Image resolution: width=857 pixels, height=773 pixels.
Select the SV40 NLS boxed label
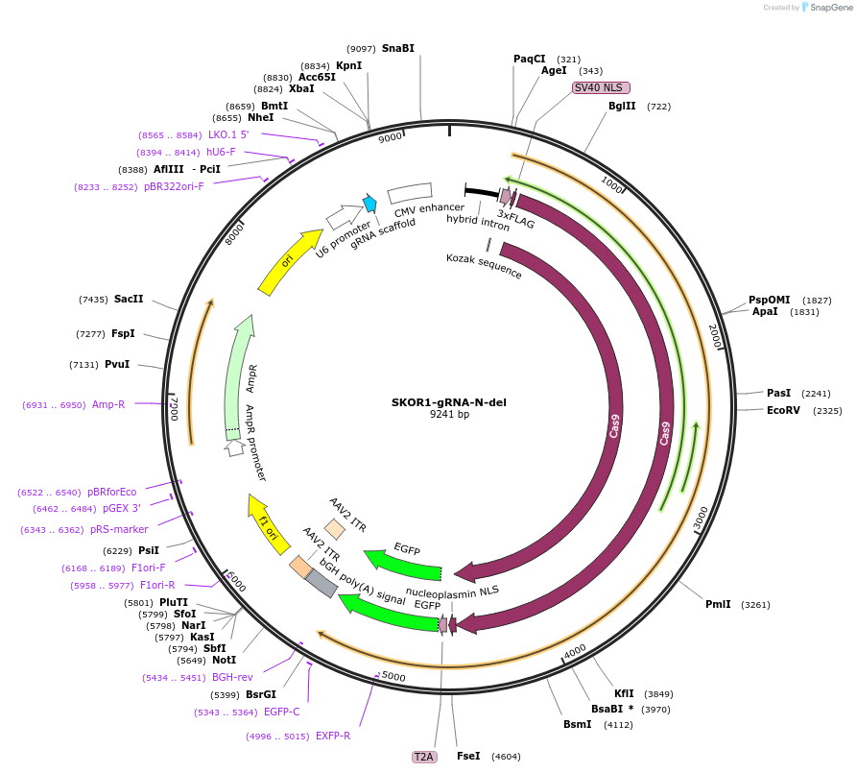tap(595, 87)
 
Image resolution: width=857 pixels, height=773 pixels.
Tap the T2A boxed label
tap(424, 757)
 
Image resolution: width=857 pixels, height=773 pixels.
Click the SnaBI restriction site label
tap(398, 48)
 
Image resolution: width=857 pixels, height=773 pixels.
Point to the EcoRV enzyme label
tap(783, 410)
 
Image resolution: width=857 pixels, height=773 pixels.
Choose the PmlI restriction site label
tap(718, 604)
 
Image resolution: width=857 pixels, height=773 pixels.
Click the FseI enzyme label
tap(468, 756)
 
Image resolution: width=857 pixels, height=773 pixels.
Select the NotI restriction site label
tap(224, 660)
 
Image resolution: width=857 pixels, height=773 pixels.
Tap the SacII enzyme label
tap(129, 299)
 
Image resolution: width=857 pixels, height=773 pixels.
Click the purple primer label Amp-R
tap(108, 404)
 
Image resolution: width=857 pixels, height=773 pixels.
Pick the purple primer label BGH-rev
tap(232, 677)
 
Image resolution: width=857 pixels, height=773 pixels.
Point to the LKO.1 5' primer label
tap(228, 134)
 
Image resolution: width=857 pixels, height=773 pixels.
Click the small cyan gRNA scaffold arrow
tap(369, 204)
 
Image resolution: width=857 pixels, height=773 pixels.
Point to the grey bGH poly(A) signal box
tap(321, 583)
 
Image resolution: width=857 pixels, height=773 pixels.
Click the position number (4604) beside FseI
tap(506, 757)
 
